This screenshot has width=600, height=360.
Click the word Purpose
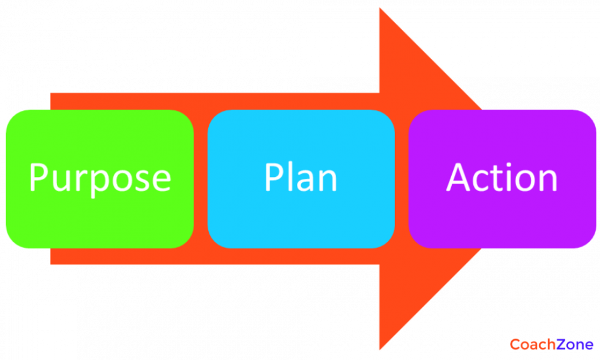(100, 178)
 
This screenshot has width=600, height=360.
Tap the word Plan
(301, 178)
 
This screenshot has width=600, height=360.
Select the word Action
(502, 178)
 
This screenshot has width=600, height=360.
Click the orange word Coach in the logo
(533, 344)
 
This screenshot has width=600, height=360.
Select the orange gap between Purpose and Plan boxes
(201, 179)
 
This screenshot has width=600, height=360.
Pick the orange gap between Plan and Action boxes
(402, 179)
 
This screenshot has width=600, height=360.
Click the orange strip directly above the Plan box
(301, 101)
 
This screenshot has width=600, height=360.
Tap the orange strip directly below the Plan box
(301, 257)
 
